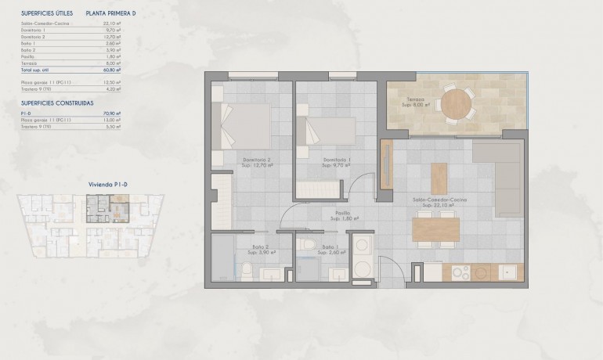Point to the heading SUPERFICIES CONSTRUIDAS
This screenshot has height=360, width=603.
[x=57, y=103]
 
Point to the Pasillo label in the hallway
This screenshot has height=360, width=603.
[x=342, y=213]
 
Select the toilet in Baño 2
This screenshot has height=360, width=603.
[x=247, y=271]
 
